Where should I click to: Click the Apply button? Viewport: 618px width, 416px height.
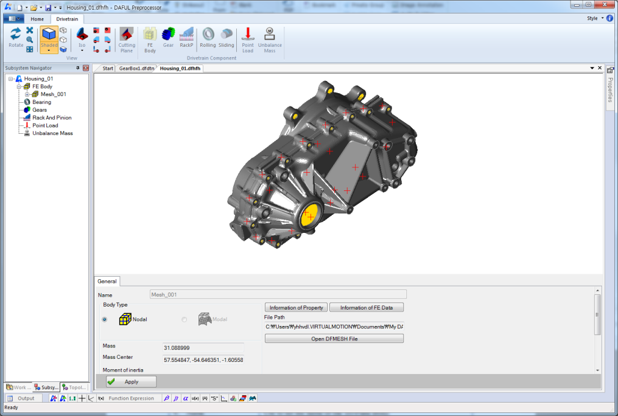pyautogui.click(x=131, y=382)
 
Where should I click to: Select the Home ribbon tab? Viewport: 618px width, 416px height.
pyautogui.click(x=37, y=19)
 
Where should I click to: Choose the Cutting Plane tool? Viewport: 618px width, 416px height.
pyautogui.click(x=127, y=40)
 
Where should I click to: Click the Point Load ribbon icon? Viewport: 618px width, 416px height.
pyautogui.click(x=248, y=40)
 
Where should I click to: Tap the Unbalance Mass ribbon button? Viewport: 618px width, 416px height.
pyautogui.click(x=270, y=40)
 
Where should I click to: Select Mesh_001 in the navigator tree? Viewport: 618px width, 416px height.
pyautogui.click(x=53, y=94)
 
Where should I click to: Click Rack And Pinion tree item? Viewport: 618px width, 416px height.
pyautogui.click(x=52, y=118)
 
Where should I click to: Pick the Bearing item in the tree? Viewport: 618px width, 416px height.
pyautogui.click(x=41, y=102)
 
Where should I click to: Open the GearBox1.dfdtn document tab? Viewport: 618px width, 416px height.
pyautogui.click(x=136, y=68)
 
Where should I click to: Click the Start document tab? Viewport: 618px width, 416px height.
pyautogui.click(x=108, y=68)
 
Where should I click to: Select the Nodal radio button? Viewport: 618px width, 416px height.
pyautogui.click(x=105, y=319)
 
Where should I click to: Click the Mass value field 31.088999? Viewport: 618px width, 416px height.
pyautogui.click(x=203, y=347)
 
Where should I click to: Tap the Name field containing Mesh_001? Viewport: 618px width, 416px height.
pyautogui.click(x=277, y=294)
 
